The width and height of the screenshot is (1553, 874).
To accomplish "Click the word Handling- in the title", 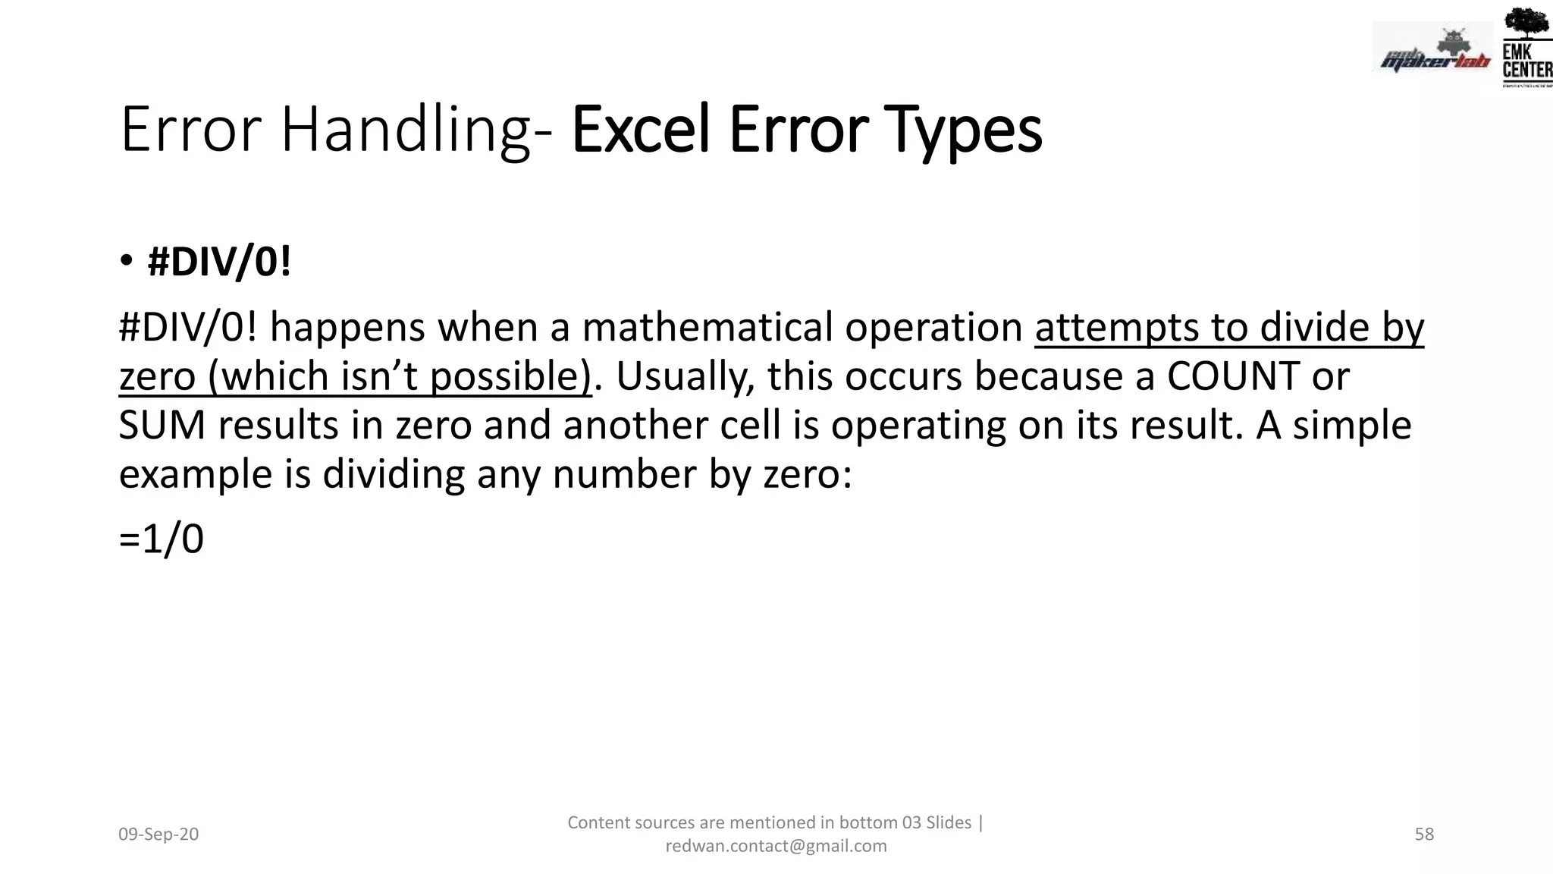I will (x=416, y=130).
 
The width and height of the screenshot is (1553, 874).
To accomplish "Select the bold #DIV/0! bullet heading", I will (x=219, y=263).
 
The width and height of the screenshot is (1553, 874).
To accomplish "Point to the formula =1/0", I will (x=162, y=539).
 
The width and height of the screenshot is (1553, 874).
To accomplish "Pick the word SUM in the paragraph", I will (x=162, y=425).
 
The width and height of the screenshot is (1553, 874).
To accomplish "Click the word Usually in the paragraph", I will (x=685, y=376).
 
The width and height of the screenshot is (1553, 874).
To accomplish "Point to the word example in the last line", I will (x=195, y=475).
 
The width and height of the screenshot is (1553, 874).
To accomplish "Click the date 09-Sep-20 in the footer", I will (x=158, y=835).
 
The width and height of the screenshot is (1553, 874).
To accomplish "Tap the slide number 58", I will (x=1424, y=835).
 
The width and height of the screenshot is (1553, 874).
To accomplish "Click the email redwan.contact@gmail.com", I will (x=776, y=846).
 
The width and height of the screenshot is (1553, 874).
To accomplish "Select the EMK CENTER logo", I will (x=1526, y=47).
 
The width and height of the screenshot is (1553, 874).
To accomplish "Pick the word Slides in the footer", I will (x=949, y=822).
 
